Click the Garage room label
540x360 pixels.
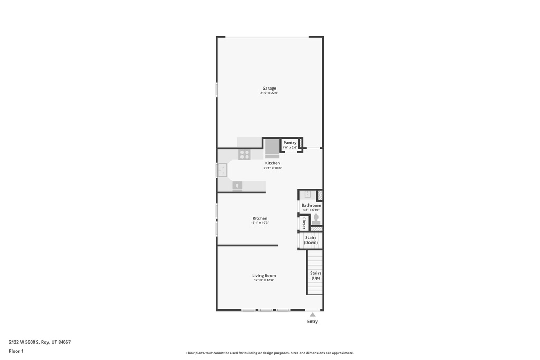(269, 89)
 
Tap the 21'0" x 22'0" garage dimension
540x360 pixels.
(269, 93)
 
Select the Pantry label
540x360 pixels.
(290, 143)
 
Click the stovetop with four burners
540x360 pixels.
(245, 154)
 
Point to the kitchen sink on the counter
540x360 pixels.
(223, 170)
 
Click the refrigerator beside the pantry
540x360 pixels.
(273, 148)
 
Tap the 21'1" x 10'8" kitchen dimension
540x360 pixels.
(273, 168)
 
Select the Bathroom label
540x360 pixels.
(311, 205)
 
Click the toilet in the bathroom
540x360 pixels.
(316, 219)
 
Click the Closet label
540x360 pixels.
(304, 223)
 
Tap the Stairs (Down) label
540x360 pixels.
(311, 240)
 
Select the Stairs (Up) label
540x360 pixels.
(315, 275)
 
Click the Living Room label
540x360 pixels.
(264, 275)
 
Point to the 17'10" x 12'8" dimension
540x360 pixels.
(264, 280)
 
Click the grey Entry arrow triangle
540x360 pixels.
(312, 315)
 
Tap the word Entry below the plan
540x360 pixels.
(312, 322)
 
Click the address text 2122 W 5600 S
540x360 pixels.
(24, 342)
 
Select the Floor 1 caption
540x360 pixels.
(16, 351)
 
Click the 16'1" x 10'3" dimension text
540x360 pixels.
(259, 223)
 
